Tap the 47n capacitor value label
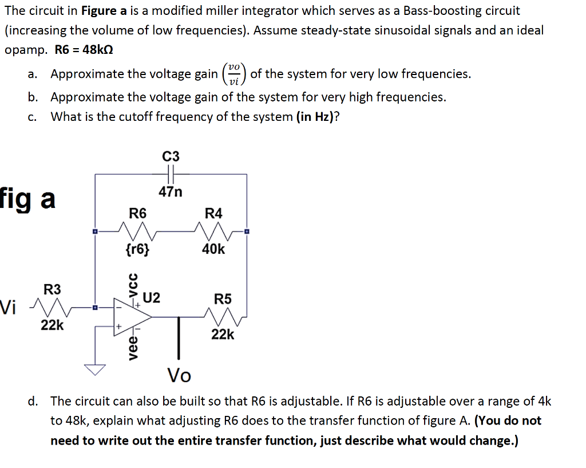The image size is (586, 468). click(171, 192)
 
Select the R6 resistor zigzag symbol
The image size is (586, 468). click(137, 231)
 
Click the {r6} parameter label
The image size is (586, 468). click(137, 249)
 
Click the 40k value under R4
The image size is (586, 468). click(213, 249)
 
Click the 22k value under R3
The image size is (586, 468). click(52, 325)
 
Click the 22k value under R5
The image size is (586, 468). click(223, 334)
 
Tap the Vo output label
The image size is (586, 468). click(179, 376)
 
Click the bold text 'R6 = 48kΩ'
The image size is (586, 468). click(84, 49)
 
